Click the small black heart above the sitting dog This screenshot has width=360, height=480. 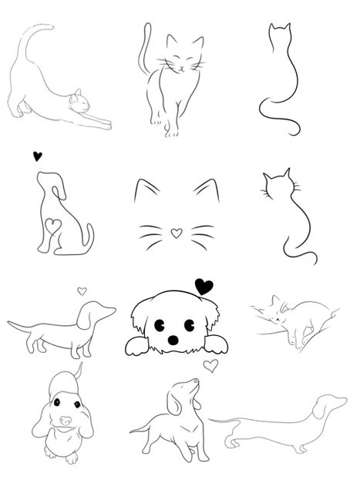37,156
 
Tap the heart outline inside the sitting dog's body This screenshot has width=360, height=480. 52,226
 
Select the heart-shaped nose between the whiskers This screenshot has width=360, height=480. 176,231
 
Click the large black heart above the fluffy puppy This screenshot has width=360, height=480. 204,287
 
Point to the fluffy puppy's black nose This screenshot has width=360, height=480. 173,339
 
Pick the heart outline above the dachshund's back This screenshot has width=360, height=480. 82,291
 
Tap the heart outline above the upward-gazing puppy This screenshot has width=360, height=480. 210,365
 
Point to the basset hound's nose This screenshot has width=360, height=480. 66,421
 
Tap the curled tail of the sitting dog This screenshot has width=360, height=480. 89,235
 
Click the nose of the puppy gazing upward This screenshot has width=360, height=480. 196,381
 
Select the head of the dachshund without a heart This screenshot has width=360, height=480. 331,405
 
